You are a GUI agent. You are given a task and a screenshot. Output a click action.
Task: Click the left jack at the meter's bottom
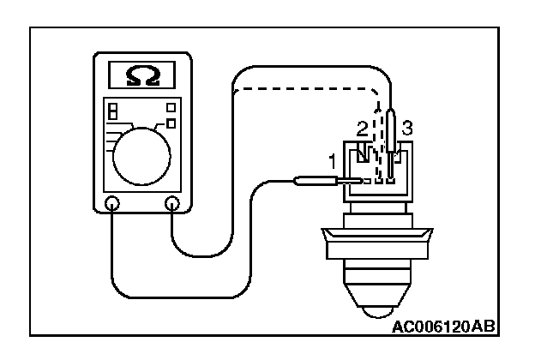pos(112,204)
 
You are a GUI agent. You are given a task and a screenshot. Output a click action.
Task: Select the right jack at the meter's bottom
pos(172,204)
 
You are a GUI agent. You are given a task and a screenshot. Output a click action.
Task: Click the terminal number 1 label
pos(333,159)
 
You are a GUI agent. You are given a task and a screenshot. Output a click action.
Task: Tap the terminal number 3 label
pos(408,129)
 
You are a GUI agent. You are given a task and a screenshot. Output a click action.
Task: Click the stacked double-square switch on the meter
pos(112,112)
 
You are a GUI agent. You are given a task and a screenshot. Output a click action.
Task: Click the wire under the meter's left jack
pos(112,257)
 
